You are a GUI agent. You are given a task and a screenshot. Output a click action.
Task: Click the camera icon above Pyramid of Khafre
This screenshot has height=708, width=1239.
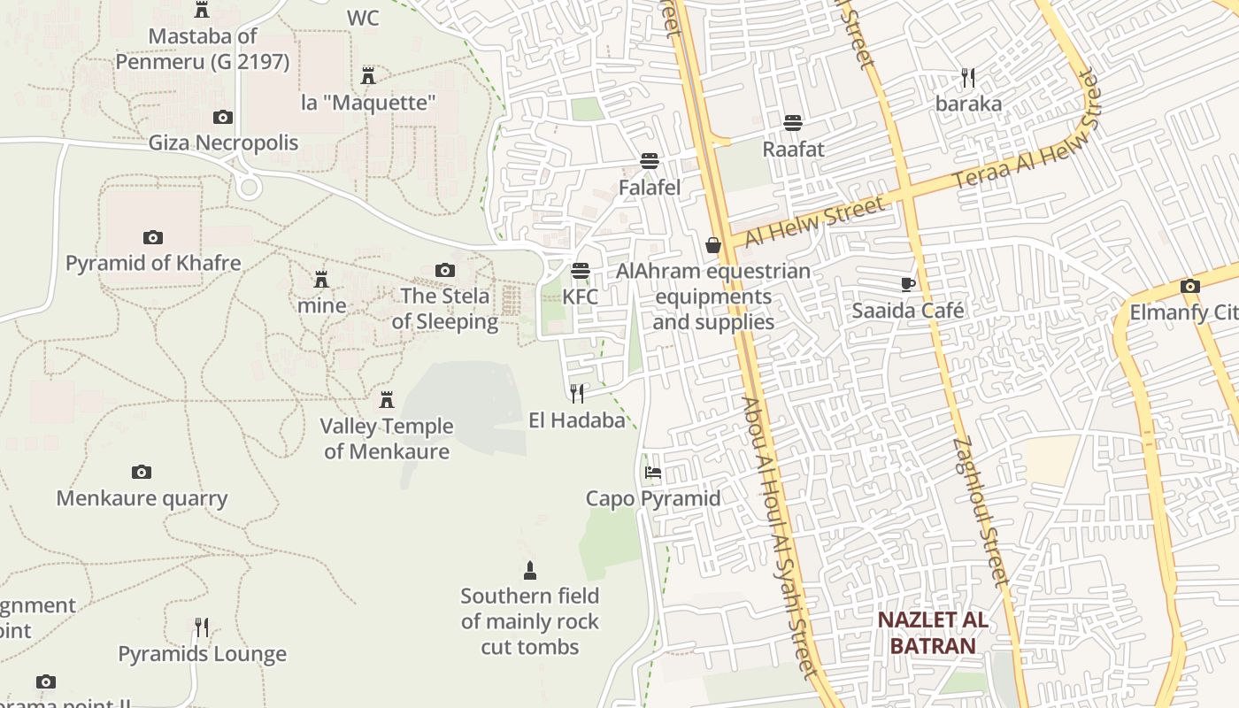[x=153, y=237]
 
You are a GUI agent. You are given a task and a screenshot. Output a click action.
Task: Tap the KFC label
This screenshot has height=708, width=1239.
[x=581, y=296]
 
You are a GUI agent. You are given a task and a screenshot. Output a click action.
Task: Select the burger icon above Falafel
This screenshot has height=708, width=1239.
[x=650, y=161]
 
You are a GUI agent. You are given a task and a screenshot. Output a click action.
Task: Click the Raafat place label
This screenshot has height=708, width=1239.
[x=793, y=149]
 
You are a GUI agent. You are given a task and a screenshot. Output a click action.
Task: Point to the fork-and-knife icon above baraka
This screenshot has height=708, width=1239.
[x=968, y=78]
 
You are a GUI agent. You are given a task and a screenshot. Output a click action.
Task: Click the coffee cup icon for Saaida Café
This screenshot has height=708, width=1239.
[x=908, y=284]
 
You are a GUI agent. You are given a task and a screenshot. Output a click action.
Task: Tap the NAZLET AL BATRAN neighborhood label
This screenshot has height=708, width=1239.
[x=933, y=633]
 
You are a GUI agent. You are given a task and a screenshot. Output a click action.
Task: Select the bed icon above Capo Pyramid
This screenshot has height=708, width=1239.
[x=653, y=473]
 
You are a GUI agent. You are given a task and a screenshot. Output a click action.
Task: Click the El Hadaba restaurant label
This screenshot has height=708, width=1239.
[x=577, y=420]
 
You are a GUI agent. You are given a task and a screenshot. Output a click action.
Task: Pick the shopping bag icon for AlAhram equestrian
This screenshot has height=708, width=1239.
[x=713, y=245]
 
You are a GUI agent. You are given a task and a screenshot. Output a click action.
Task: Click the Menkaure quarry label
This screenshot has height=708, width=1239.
[x=142, y=498]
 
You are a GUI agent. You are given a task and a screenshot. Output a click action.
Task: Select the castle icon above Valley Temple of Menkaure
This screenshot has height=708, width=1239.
[x=386, y=400]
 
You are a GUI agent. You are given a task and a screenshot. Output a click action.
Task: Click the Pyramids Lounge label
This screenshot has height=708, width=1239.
[x=202, y=654]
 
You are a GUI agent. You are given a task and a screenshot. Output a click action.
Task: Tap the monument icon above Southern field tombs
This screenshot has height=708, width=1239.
[x=530, y=570]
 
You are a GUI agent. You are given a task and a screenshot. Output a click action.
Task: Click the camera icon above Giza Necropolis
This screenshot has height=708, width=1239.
[x=223, y=117]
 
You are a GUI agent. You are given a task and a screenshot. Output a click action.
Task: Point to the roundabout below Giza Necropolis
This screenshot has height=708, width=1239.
[x=249, y=187]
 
